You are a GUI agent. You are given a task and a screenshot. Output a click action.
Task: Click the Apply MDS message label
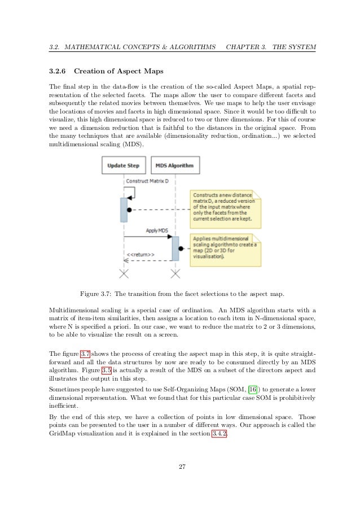pyautogui.click(x=157, y=230)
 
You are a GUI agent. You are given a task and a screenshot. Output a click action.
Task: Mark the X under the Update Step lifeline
pyautogui.click(x=124, y=274)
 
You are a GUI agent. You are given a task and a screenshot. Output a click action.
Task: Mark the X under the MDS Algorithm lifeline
pyautogui.click(x=176, y=274)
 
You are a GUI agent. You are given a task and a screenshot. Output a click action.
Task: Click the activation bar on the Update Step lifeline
pyautogui.click(x=124, y=210)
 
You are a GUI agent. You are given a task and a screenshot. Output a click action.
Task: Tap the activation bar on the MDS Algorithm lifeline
pyautogui.click(x=175, y=249)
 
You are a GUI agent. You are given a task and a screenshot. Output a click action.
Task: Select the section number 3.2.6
pyautogui.click(x=58, y=72)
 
